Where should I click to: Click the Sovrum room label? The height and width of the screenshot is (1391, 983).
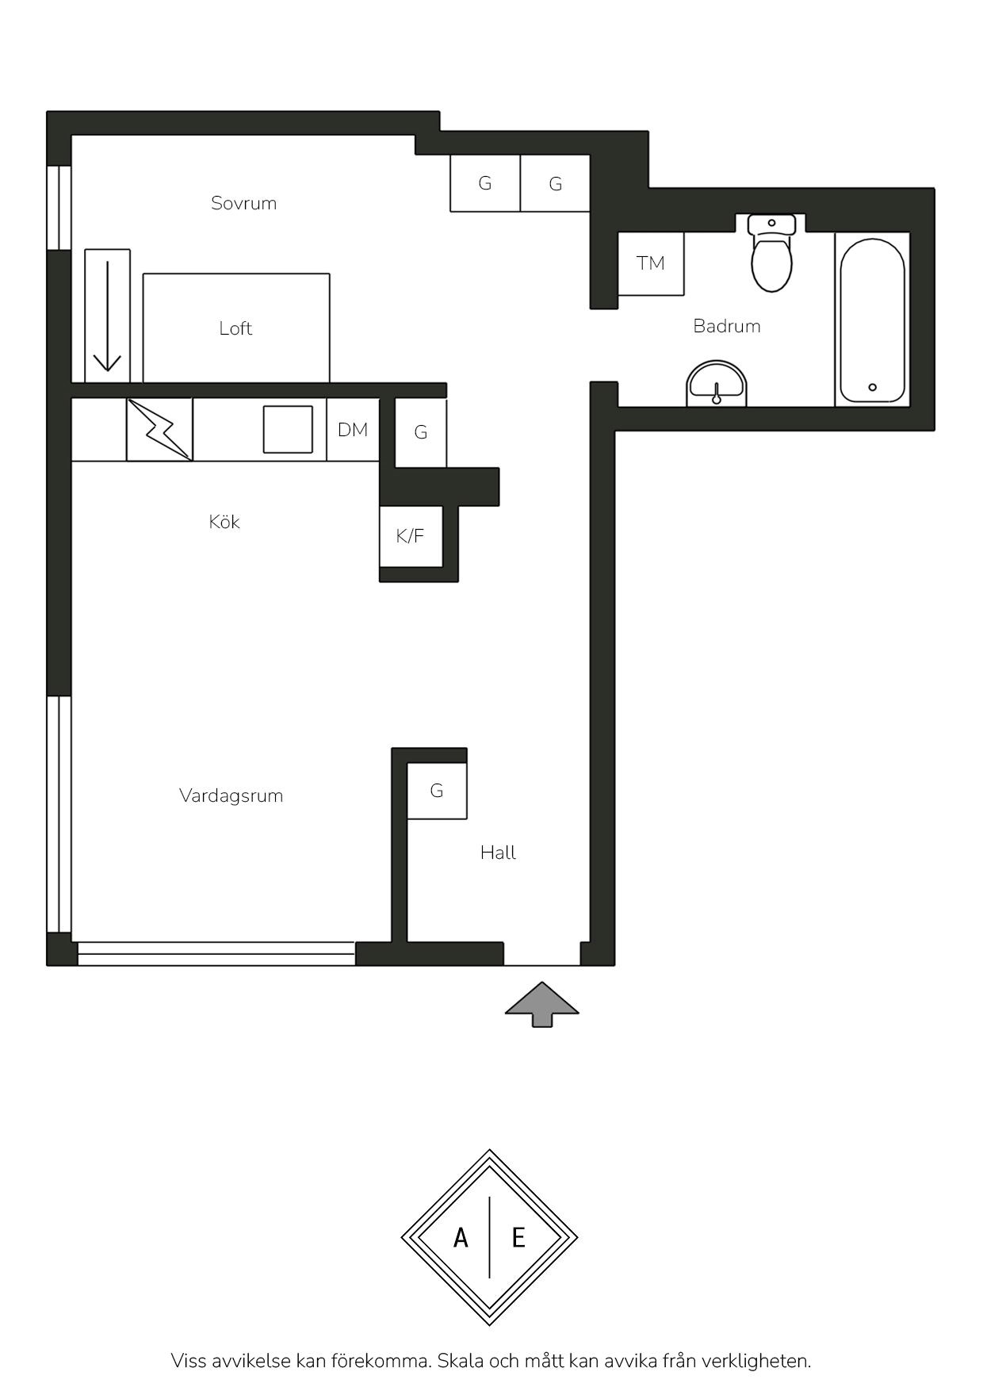point(243,203)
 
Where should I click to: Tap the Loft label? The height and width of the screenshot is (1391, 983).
point(235,328)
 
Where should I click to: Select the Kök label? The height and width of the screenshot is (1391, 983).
point(224,522)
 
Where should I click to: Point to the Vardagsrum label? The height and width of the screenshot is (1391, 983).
point(231,795)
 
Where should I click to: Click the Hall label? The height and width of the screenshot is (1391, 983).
point(498,853)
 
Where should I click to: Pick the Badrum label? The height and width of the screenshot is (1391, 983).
point(727,326)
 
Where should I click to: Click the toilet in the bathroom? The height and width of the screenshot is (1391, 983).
point(771,251)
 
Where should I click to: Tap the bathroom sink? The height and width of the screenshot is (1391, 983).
point(717,384)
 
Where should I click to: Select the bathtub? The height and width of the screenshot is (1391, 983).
point(872,320)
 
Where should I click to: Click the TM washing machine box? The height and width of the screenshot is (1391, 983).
point(651,263)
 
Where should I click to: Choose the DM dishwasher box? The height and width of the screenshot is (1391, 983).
point(353,430)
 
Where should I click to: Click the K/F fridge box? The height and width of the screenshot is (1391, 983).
point(411,536)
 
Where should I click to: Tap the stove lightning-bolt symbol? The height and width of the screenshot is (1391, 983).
point(160,430)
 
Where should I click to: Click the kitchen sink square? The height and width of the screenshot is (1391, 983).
point(288,429)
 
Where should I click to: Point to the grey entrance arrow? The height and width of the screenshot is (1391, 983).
point(542,1004)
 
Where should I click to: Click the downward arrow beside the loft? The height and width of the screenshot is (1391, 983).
point(107,317)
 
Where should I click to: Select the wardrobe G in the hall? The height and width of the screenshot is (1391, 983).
point(437,791)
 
